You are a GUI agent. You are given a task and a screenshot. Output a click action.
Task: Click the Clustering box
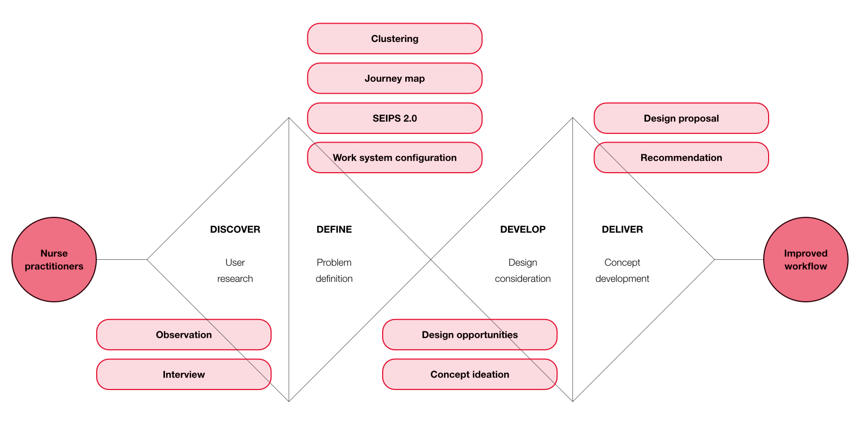[395, 39]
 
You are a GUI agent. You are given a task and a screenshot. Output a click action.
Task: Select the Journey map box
[395, 79]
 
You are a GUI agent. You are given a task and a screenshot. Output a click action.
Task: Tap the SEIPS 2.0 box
[395, 118]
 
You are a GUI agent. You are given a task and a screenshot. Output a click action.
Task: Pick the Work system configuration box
[395, 158]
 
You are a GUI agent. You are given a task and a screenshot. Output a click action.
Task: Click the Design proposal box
[681, 118]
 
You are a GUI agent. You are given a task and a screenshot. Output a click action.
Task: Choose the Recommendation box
[681, 158]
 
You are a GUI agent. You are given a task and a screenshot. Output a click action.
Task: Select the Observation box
[184, 335]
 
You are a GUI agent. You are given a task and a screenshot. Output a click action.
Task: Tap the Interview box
[184, 374]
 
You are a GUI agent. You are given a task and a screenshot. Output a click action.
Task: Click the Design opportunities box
[470, 335]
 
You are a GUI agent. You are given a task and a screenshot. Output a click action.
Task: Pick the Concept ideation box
[470, 374]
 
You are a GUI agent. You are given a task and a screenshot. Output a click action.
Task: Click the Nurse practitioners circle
[54, 260]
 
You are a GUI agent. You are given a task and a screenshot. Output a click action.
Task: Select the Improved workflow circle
[806, 260]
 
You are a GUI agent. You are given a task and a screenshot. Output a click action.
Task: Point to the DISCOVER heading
[235, 230]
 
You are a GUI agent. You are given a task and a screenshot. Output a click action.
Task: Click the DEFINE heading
[334, 230]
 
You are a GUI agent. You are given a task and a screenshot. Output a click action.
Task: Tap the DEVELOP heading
[522, 230]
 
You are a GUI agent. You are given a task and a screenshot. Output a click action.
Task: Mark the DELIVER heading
[622, 230]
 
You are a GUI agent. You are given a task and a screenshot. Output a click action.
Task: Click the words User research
[235, 271]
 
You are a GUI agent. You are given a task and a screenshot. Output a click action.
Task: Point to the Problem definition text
[334, 271]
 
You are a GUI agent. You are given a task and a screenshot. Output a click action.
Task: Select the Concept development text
[622, 271]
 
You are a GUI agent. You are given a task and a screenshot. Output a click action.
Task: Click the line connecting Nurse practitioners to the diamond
[121, 260]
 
